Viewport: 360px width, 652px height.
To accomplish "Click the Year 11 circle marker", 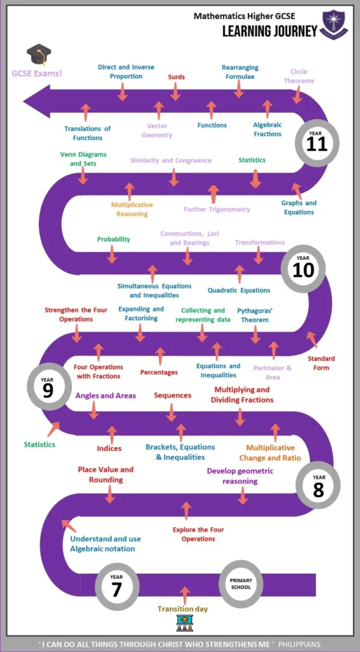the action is pyautogui.click(x=317, y=142).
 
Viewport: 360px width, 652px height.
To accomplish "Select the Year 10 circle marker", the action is pyautogui.click(x=303, y=269).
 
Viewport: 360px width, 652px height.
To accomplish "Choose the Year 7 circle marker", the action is pyautogui.click(x=117, y=586).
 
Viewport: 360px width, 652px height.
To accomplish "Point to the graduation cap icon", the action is pyautogui.click(x=39, y=55).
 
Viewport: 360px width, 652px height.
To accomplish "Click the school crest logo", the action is pyautogui.click(x=335, y=25).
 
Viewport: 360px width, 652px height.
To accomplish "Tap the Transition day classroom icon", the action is pyautogui.click(x=184, y=623).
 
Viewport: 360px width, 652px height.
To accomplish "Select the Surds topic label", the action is pyautogui.click(x=176, y=77).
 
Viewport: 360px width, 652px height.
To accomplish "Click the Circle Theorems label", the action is pyautogui.click(x=299, y=76).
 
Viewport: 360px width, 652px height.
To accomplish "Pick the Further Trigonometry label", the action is pyautogui.click(x=217, y=209).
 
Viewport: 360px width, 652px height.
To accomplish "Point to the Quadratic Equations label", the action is pyautogui.click(x=239, y=290).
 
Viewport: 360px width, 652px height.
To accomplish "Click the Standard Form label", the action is pyautogui.click(x=321, y=363).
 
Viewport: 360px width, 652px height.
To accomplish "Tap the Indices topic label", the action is pyautogui.click(x=109, y=448).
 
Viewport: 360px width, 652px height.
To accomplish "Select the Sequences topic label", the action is pyautogui.click(x=173, y=395).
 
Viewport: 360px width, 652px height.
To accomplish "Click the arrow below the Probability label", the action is pyautogui.click(x=112, y=253).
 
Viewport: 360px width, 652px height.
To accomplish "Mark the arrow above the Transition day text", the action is pyautogui.click(x=185, y=596).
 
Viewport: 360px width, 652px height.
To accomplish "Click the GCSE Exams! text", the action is pyautogui.click(x=36, y=74).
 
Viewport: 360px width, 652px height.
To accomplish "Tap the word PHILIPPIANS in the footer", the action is pyautogui.click(x=299, y=644).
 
